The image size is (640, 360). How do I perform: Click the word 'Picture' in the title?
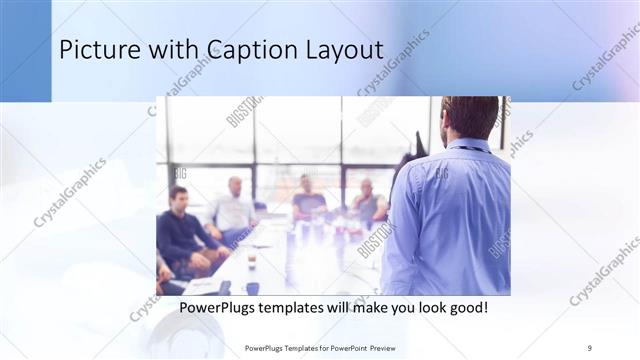click(x=96, y=50)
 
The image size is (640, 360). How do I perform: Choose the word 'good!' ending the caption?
click(x=467, y=307)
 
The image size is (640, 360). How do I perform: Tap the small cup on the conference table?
click(x=251, y=261)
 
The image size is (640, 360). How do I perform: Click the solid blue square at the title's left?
click(x=25, y=50)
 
